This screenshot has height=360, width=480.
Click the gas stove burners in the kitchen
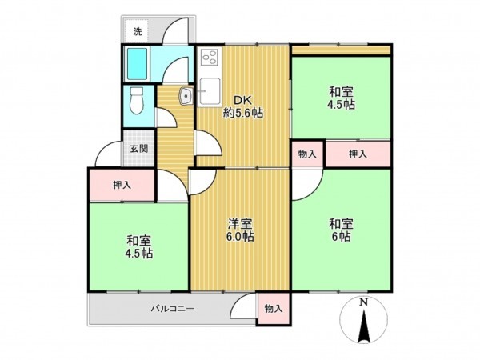[211, 58]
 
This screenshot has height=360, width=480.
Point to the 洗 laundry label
[138, 32]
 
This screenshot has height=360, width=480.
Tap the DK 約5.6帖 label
[242, 106]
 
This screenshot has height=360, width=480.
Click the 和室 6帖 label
[341, 230]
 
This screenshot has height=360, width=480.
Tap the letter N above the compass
[362, 302]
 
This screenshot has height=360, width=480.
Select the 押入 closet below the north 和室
[357, 153]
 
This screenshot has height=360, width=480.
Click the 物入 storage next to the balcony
[273, 308]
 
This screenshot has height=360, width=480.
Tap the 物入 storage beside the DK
[307, 153]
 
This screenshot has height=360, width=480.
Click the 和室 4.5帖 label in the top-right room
[341, 98]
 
